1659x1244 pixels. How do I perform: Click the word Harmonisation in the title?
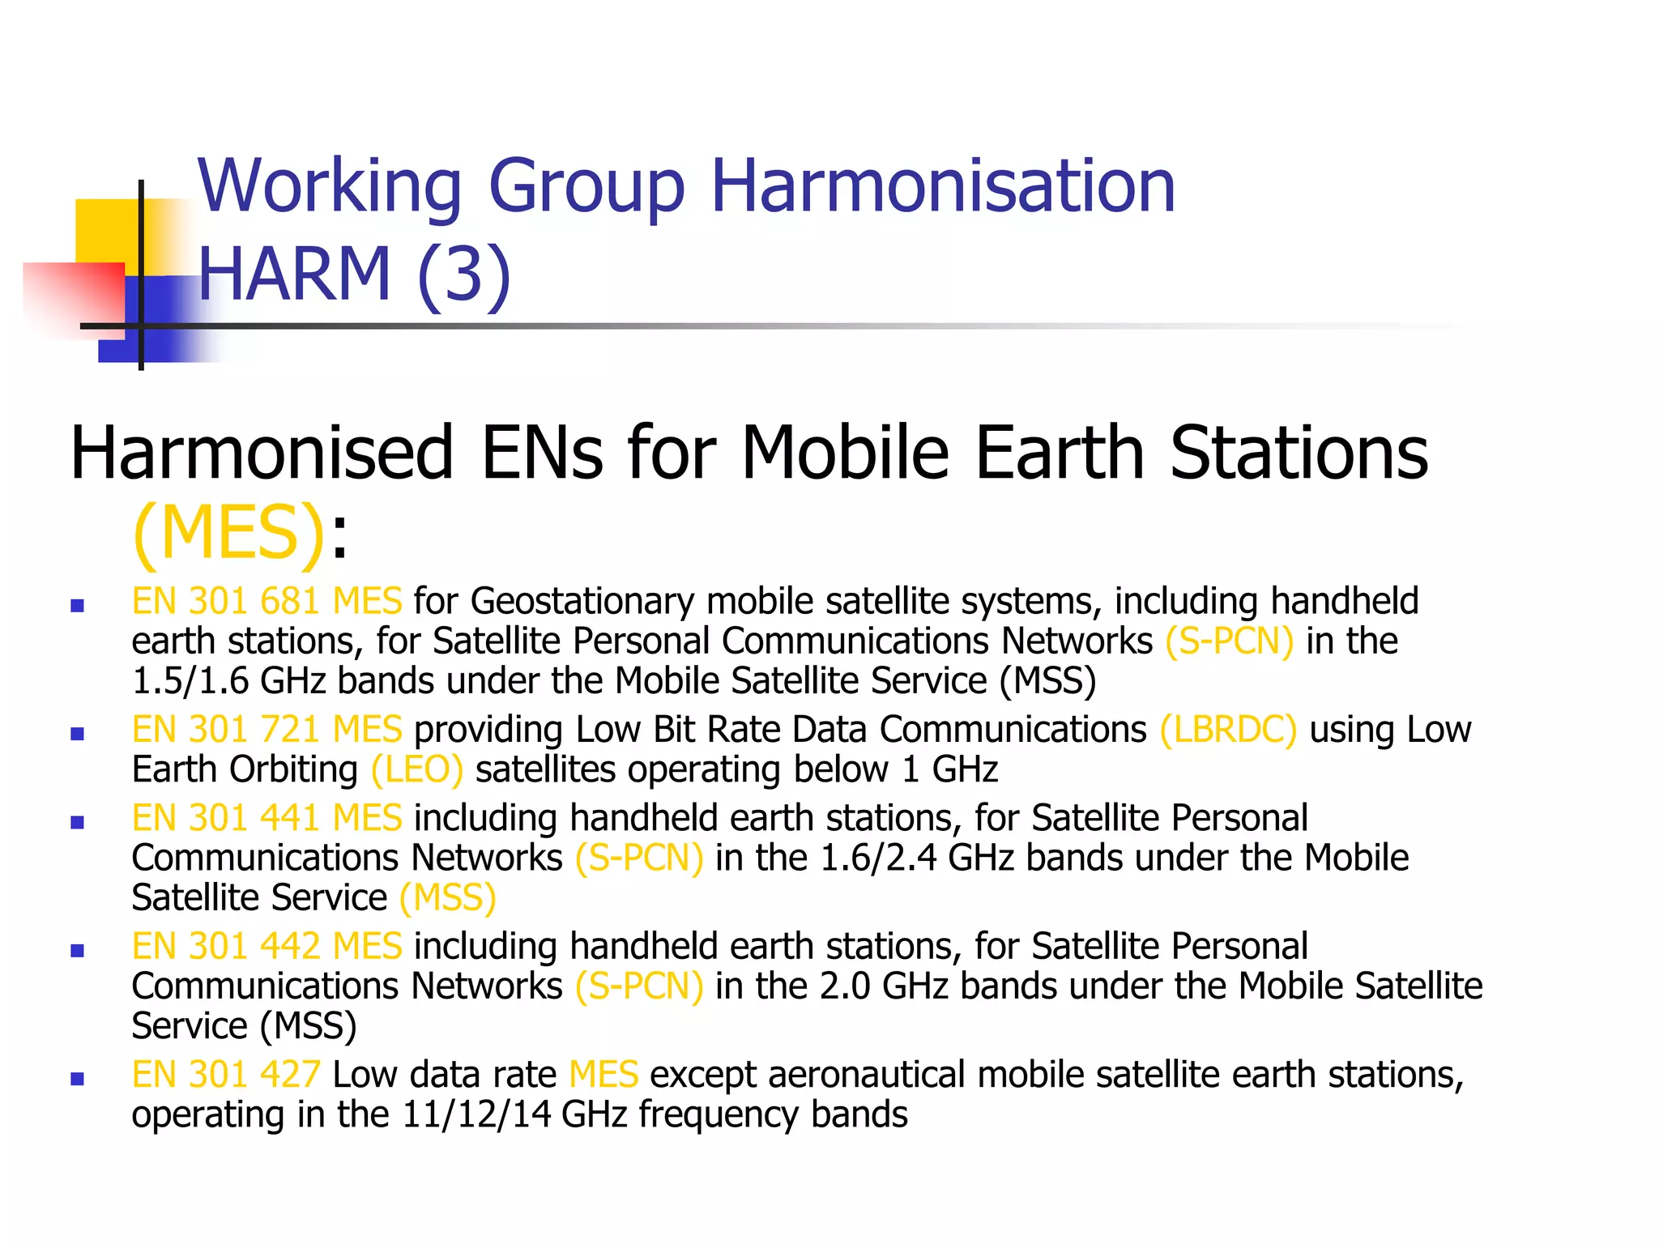point(943,186)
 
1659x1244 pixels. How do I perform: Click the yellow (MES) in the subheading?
point(229,532)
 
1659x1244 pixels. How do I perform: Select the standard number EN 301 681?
point(226,601)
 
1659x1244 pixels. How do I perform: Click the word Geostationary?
point(582,601)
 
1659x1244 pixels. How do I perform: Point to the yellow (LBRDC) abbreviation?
point(1228,729)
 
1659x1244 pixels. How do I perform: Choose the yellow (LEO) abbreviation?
point(417,769)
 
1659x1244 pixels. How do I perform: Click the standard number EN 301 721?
point(226,729)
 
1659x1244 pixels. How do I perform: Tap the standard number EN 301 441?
point(226,818)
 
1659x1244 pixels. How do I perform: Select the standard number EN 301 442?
point(226,946)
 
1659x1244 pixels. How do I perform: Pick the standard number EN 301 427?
point(226,1075)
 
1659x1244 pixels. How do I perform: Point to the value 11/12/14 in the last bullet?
point(476,1114)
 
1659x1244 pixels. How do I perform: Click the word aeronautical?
point(867,1075)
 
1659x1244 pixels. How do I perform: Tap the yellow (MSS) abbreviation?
point(448,897)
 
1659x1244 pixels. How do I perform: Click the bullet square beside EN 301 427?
point(78,1079)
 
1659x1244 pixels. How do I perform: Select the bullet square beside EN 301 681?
point(78,605)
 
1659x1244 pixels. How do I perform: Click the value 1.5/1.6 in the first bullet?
point(190,681)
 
